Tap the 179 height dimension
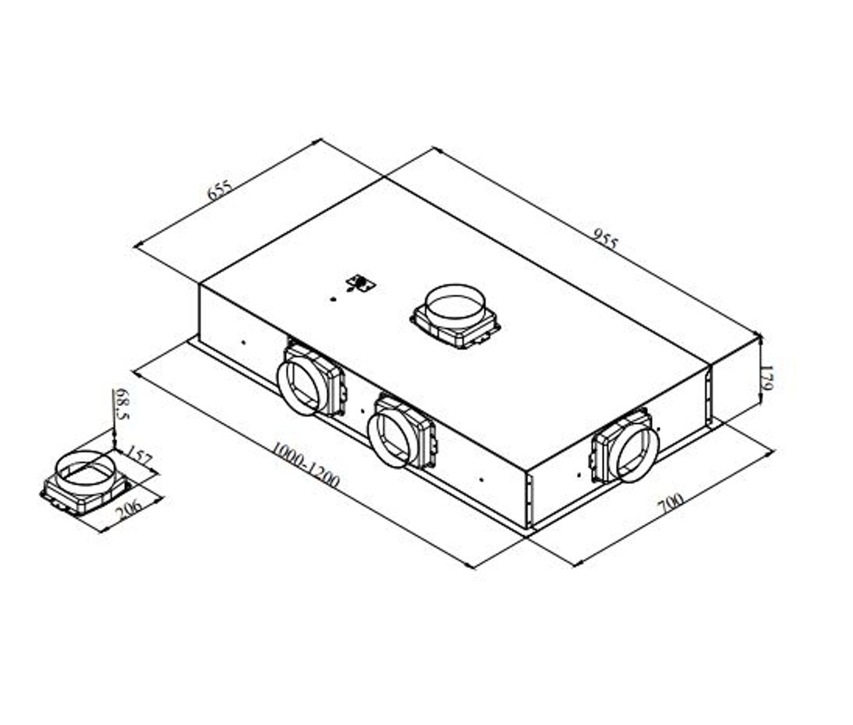coord(767,378)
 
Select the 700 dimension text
coord(671,503)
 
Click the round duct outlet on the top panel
coord(456,308)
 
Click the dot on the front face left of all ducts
coord(243,342)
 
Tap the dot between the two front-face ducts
coord(362,411)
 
